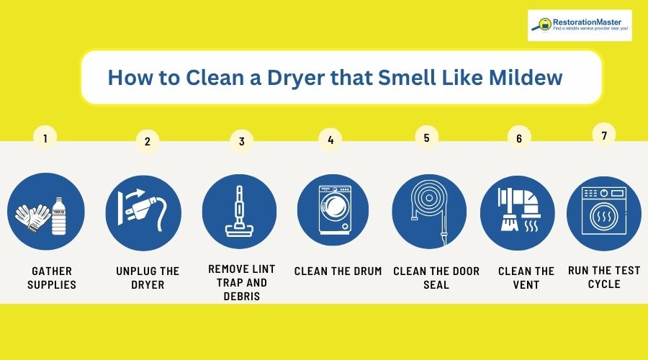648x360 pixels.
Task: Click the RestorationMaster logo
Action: pos(579,25)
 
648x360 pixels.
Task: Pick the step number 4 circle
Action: pos(330,140)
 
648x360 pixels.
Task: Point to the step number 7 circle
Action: pos(604,135)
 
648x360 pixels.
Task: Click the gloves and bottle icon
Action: pos(45,211)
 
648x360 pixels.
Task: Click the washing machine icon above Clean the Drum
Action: pos(333,211)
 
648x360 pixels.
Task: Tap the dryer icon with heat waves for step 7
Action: pos(603,211)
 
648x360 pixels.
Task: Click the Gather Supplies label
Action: pos(51,278)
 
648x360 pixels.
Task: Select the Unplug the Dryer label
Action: pos(148,278)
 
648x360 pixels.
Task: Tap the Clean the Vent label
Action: pos(526,278)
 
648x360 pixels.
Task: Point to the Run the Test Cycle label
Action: pos(603,277)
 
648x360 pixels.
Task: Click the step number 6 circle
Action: pos(518,139)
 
